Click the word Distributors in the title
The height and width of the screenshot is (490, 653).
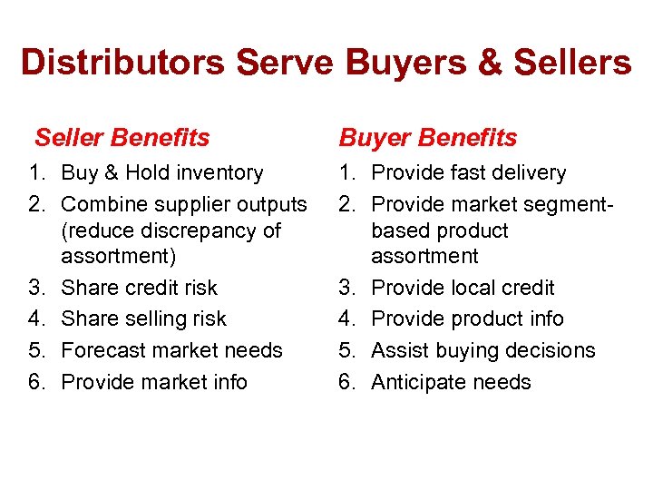[123, 63]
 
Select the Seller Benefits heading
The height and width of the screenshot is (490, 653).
[122, 138]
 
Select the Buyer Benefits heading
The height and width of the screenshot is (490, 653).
[428, 138]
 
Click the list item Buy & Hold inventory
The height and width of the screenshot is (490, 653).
[162, 172]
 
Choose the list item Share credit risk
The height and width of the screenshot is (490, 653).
[139, 288]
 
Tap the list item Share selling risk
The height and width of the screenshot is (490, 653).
[143, 318]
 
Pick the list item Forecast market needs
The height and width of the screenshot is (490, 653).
[171, 350]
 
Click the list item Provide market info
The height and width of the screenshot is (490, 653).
[153, 382]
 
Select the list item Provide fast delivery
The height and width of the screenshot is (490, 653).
[469, 172]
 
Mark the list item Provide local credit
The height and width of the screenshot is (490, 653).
[463, 288]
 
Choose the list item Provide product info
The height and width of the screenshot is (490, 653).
[467, 318]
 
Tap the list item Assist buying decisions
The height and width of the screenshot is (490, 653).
[483, 350]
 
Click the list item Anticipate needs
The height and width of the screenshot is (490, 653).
[451, 382]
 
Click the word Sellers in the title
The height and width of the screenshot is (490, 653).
[571, 63]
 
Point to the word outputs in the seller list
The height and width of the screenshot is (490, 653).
[271, 204]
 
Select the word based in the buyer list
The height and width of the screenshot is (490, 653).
[400, 230]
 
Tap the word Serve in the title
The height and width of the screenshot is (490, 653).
[288, 63]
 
